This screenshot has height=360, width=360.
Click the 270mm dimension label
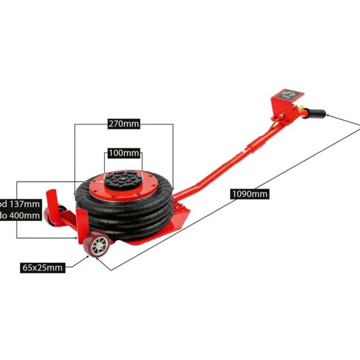(x=124, y=124)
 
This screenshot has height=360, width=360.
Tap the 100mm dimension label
(x=124, y=153)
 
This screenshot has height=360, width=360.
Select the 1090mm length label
(x=250, y=194)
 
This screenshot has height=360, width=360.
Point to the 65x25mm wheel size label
(x=43, y=267)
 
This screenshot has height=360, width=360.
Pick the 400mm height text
(x=21, y=215)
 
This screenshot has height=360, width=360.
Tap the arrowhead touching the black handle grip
(x=328, y=116)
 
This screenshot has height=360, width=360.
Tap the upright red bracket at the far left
(x=51, y=198)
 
